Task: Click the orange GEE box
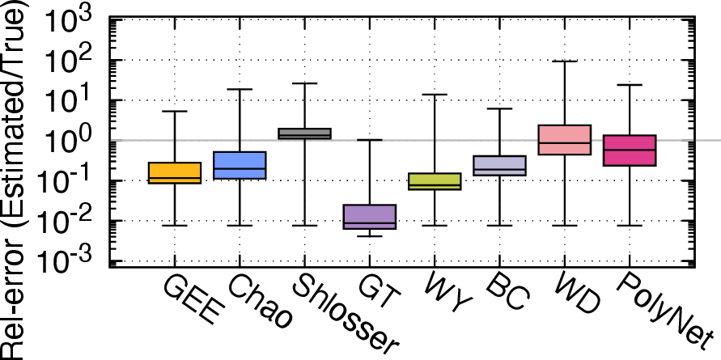tap(175, 173)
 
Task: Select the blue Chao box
tap(240, 165)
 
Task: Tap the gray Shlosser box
tap(304, 133)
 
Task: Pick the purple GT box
tap(369, 217)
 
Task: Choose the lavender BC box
tap(499, 166)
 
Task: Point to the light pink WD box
tap(564, 140)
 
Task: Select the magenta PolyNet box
tap(629, 150)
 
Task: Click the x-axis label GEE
tap(189, 301)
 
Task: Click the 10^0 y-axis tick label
tap(74, 141)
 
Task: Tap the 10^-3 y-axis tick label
tap(74, 261)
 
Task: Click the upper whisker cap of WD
tap(564, 61)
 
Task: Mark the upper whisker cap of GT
tap(369, 140)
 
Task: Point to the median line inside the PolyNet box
tap(629, 150)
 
